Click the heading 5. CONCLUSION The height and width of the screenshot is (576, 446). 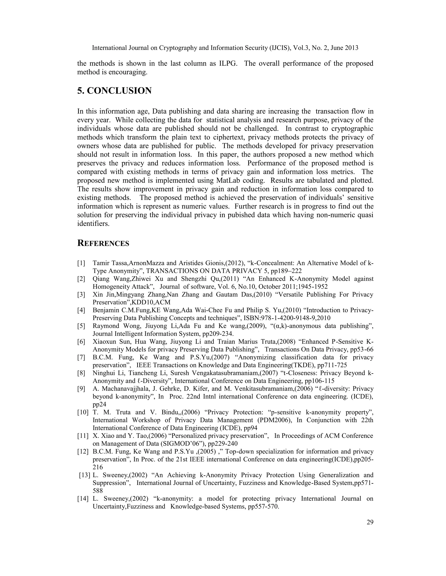tap(114, 90)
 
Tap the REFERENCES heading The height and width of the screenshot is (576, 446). tap(103, 243)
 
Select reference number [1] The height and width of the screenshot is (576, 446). tap(81, 263)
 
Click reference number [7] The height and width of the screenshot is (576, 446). tap(81, 357)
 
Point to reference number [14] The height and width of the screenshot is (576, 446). tap(83, 498)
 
